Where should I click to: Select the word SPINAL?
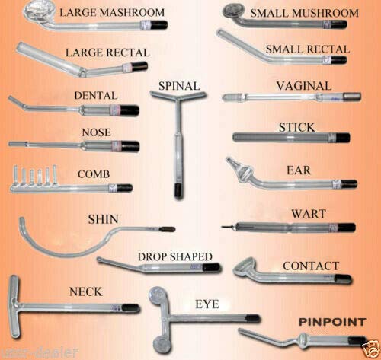pyautogui.click(x=179, y=84)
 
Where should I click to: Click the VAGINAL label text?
pyautogui.click(x=304, y=86)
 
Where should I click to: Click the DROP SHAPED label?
pyautogui.click(x=174, y=256)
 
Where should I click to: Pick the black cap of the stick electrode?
pyautogui.click(x=344, y=138)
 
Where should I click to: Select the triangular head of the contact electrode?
pyautogui.click(x=245, y=268)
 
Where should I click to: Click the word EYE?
pyautogui.click(x=207, y=304)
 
